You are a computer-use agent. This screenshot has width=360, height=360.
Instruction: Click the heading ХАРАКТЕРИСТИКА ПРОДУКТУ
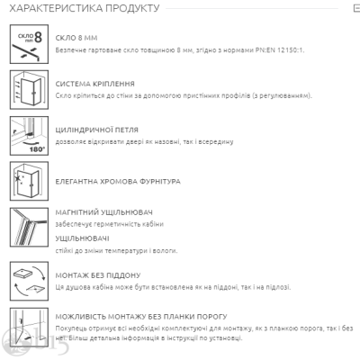[x=85, y=8]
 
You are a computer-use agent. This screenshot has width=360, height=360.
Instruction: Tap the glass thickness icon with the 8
[x=29, y=44]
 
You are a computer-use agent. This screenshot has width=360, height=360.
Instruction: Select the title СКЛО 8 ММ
[x=76, y=38]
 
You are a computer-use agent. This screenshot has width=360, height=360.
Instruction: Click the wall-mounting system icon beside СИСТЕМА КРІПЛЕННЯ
[x=29, y=90]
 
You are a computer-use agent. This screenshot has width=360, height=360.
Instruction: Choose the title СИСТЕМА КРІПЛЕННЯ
[x=94, y=84]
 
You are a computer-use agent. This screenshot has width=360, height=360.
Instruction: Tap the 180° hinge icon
[x=29, y=136]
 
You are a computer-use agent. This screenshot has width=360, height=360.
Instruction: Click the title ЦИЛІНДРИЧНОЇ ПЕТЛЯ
[x=96, y=130]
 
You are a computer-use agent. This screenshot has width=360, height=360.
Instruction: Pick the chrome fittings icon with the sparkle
[x=29, y=181]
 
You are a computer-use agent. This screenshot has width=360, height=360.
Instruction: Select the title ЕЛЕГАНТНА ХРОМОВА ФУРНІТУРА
[x=118, y=182]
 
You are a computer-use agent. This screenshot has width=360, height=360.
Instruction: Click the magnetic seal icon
[x=29, y=227]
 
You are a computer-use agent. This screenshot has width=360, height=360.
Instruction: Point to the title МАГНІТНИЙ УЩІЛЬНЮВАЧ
[x=103, y=212]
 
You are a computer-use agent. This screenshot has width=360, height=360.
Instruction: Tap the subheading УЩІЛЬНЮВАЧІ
[x=82, y=238]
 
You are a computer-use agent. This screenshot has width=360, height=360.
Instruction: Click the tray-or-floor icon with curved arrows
[x=29, y=281]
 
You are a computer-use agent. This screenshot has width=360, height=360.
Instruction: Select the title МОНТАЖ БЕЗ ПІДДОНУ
[x=98, y=275]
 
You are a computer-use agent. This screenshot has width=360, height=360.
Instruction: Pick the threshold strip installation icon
[x=29, y=328]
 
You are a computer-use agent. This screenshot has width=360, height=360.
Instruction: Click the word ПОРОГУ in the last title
[x=212, y=317]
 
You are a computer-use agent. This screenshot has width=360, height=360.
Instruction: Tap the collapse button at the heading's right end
[x=356, y=8]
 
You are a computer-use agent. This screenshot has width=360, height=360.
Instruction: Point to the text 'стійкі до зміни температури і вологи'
[x=116, y=251]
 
